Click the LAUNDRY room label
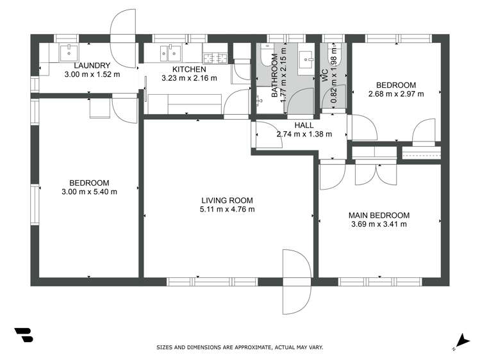(92, 65)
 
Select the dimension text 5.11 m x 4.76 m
(228, 209)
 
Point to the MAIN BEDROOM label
(379, 215)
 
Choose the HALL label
(303, 126)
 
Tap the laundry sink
(69, 51)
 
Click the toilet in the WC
(333, 52)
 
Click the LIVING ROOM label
(227, 200)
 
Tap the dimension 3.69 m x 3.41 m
(379, 224)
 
